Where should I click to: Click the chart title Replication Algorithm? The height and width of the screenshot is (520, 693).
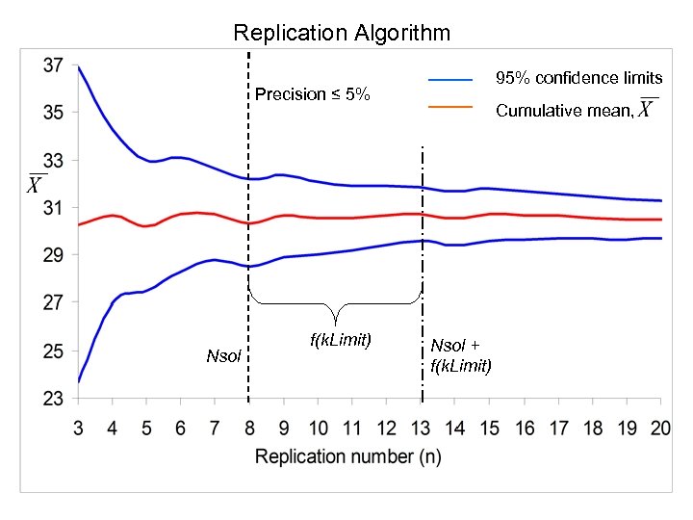coord(342,33)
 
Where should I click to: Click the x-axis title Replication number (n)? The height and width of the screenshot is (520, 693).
coord(347,456)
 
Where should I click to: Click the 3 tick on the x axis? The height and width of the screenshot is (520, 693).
coord(78,427)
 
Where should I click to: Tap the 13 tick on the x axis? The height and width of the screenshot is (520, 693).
coord(422,427)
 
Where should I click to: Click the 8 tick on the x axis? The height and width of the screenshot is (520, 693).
coord(249,427)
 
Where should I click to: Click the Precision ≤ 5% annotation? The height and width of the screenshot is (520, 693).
coord(312,94)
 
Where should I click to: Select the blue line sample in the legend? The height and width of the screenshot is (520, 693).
coord(450,78)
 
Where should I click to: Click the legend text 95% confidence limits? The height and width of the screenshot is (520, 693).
coord(578,78)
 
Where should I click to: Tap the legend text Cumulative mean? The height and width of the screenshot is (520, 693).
coord(564,111)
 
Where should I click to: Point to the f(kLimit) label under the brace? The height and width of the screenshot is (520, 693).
coord(340,340)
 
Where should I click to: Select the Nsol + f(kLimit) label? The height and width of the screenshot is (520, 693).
coord(461,355)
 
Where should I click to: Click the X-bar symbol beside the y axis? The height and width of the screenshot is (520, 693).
coord(35,183)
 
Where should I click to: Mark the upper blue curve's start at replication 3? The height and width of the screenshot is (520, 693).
coord(78,67)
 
